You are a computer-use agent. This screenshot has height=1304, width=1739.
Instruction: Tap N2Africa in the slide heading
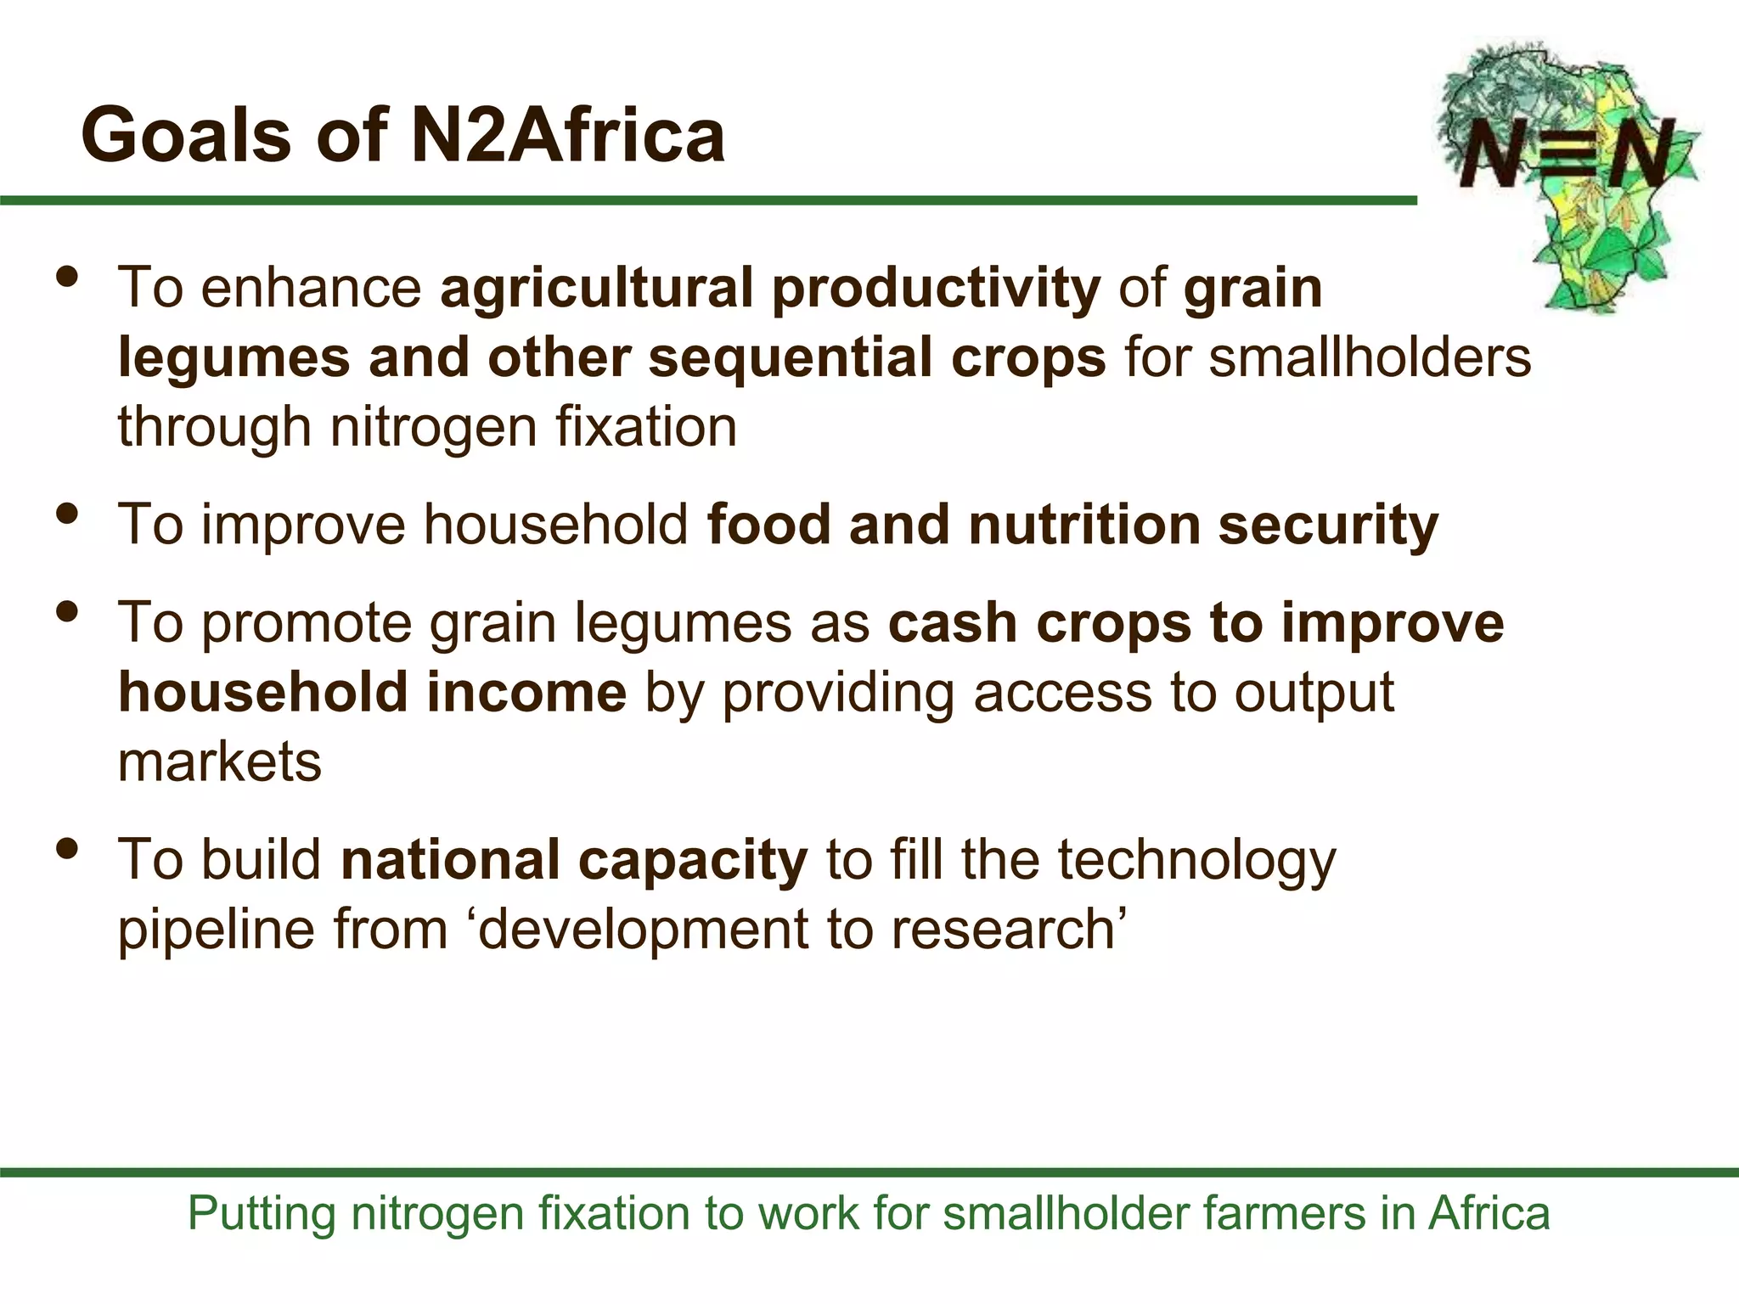coord(567,135)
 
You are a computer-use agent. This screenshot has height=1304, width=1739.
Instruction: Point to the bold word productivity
coord(936,289)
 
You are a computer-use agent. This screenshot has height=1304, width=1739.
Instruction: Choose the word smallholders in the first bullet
coord(1370,357)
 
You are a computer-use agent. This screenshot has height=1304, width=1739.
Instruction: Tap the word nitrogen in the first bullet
coord(433,426)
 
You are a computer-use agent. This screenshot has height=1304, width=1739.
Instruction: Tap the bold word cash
coord(953,623)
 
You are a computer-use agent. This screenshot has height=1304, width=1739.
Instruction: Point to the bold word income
coord(526,692)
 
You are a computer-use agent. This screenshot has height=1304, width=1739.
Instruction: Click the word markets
coord(220,762)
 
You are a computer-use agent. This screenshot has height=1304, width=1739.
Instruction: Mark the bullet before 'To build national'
coord(67,848)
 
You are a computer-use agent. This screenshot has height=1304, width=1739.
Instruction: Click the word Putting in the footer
coord(262,1213)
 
